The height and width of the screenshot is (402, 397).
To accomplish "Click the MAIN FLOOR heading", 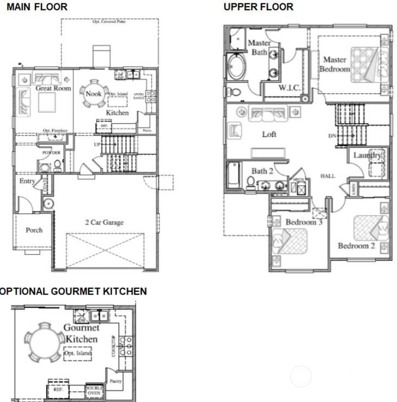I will tap(37, 7).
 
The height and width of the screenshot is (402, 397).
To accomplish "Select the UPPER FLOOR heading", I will tap(259, 7).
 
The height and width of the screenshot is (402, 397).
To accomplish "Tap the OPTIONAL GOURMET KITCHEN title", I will tap(73, 291).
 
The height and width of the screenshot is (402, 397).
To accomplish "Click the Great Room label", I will tap(53, 88).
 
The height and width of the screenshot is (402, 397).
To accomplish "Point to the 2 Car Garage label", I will tap(104, 222).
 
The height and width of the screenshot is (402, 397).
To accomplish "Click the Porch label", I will tap(34, 230).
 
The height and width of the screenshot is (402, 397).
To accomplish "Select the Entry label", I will tap(27, 181).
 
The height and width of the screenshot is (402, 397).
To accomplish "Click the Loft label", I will tap(269, 134).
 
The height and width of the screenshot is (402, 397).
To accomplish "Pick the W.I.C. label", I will tap(289, 88).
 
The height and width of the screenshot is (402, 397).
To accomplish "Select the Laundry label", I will tap(367, 156).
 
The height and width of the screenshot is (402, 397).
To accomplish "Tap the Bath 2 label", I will tap(263, 171).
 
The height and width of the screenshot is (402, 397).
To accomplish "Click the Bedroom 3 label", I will tap(304, 222).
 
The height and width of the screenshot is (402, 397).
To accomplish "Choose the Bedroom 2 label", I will tap(356, 245).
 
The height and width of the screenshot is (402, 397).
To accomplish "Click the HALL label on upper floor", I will tap(328, 176).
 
